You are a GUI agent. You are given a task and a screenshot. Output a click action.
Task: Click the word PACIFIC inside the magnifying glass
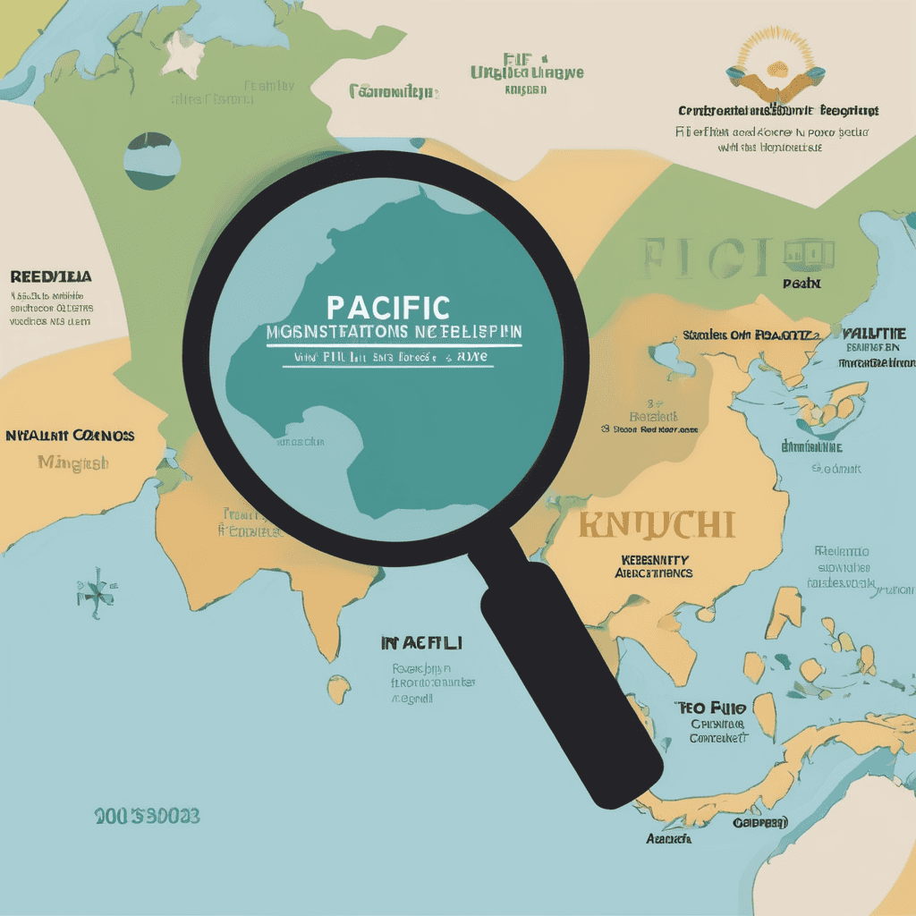click(388, 307)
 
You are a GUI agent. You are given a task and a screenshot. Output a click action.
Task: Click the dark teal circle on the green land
click(153, 161)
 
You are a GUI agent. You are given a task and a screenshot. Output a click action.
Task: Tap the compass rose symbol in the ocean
click(96, 589)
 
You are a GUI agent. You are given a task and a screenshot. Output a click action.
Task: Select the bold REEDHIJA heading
click(51, 276)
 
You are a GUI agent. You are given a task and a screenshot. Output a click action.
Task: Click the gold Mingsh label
click(73, 462)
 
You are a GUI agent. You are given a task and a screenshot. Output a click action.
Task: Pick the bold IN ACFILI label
click(421, 642)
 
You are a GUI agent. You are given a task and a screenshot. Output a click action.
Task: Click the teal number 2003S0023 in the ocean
click(147, 816)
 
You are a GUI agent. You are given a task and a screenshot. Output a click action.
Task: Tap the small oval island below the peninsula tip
click(339, 690)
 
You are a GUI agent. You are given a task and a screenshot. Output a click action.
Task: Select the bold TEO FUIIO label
click(710, 708)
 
